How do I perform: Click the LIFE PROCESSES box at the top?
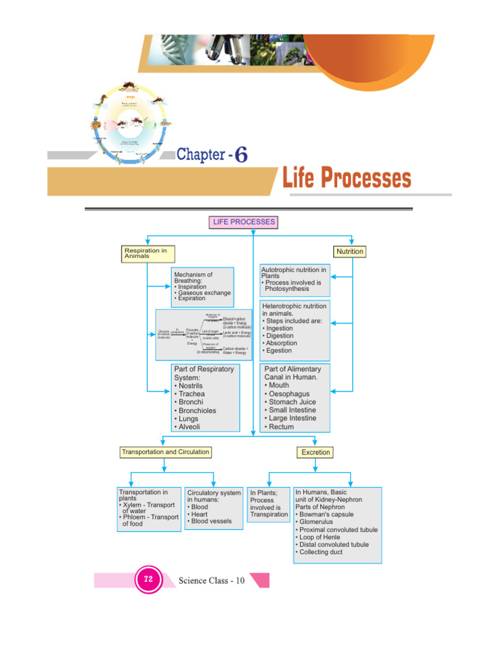pos(244,222)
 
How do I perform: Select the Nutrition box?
pos(350,251)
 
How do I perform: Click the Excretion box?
pos(315,452)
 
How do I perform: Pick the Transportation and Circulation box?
pos(165,452)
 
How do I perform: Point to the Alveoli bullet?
pos(188,427)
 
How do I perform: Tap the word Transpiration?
pos(269,514)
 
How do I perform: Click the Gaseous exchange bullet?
pos(203,293)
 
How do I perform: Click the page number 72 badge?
pos(148,579)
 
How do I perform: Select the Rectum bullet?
pos(281,427)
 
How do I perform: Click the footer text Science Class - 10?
pos(211,580)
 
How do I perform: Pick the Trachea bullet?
pos(190,394)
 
